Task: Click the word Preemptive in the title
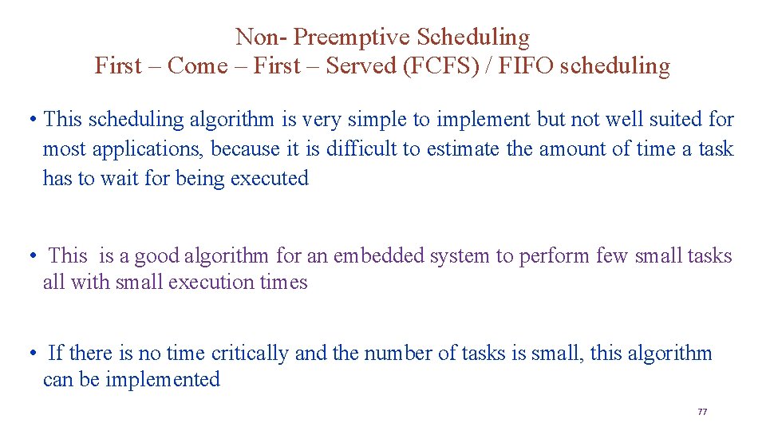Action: tap(357, 37)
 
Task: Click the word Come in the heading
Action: tap(198, 65)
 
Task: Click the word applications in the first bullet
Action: tap(148, 148)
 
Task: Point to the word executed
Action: tap(269, 178)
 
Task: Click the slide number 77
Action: tap(702, 412)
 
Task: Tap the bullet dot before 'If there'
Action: tap(30, 353)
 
